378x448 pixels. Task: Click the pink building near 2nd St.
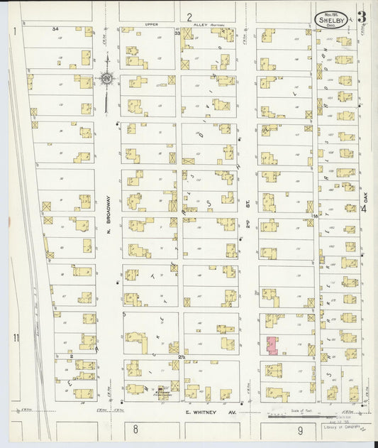pyautogui.click(x=272, y=345)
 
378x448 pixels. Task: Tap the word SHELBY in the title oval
pyautogui.click(x=330, y=20)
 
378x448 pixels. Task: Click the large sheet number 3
pyautogui.click(x=362, y=16)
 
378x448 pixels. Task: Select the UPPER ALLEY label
pyautogui.click(x=155, y=24)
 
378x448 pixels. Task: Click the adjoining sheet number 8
pyautogui.click(x=134, y=430)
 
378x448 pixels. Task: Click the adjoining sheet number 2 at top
pyautogui.click(x=189, y=16)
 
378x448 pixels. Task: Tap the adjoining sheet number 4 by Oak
pyautogui.click(x=363, y=209)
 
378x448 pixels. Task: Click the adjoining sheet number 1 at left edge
pyautogui.click(x=15, y=31)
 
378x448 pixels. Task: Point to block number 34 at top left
pyautogui.click(x=55, y=28)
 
